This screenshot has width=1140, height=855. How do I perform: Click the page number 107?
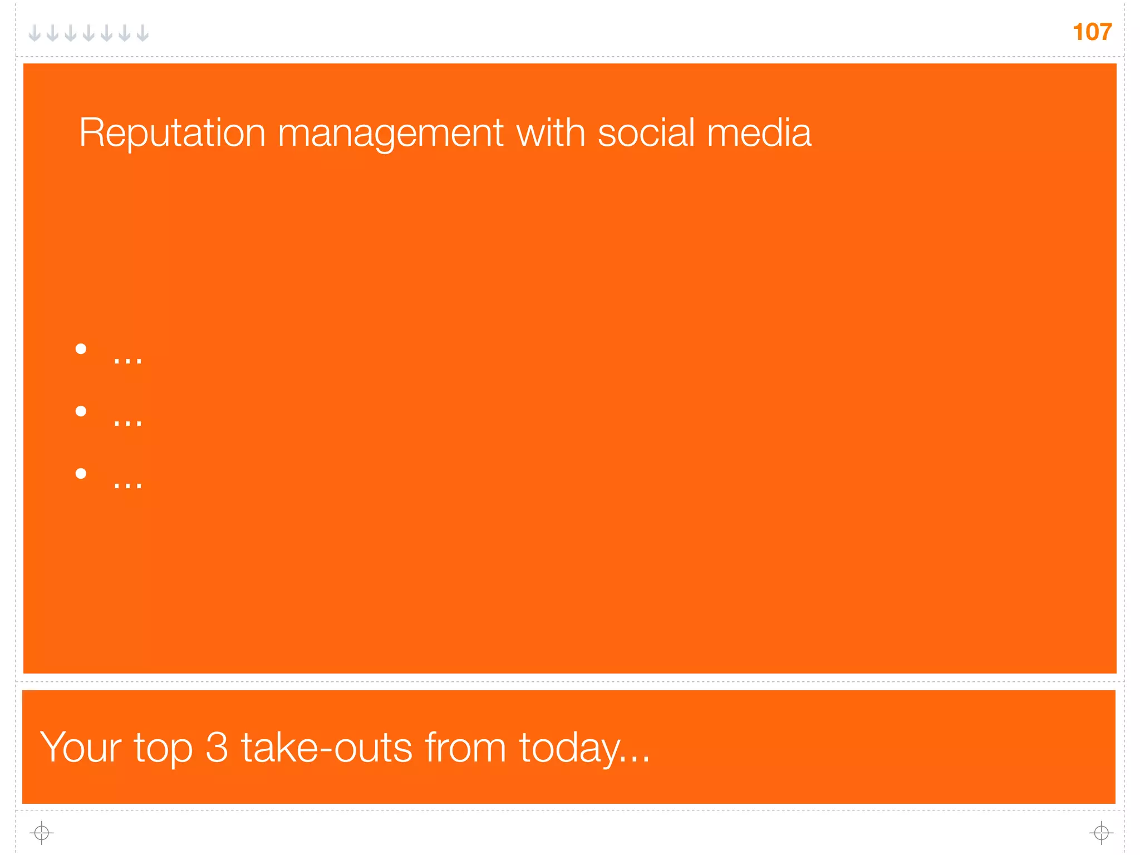[1092, 32]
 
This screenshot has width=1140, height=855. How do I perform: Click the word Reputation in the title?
[172, 133]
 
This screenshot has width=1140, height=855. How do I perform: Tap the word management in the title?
[390, 134]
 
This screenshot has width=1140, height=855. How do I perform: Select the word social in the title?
[646, 133]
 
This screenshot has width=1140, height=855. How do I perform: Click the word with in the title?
[551, 133]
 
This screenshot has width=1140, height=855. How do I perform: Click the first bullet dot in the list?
[81, 349]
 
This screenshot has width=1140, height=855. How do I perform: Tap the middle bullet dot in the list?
[81, 411]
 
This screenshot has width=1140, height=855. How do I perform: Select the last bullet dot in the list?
[81, 474]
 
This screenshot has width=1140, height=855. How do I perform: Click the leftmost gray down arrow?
[35, 33]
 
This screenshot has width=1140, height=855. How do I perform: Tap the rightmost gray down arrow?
[142, 33]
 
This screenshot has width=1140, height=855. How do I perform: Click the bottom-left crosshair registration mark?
[41, 833]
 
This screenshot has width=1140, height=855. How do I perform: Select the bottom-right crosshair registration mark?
[1101, 833]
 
